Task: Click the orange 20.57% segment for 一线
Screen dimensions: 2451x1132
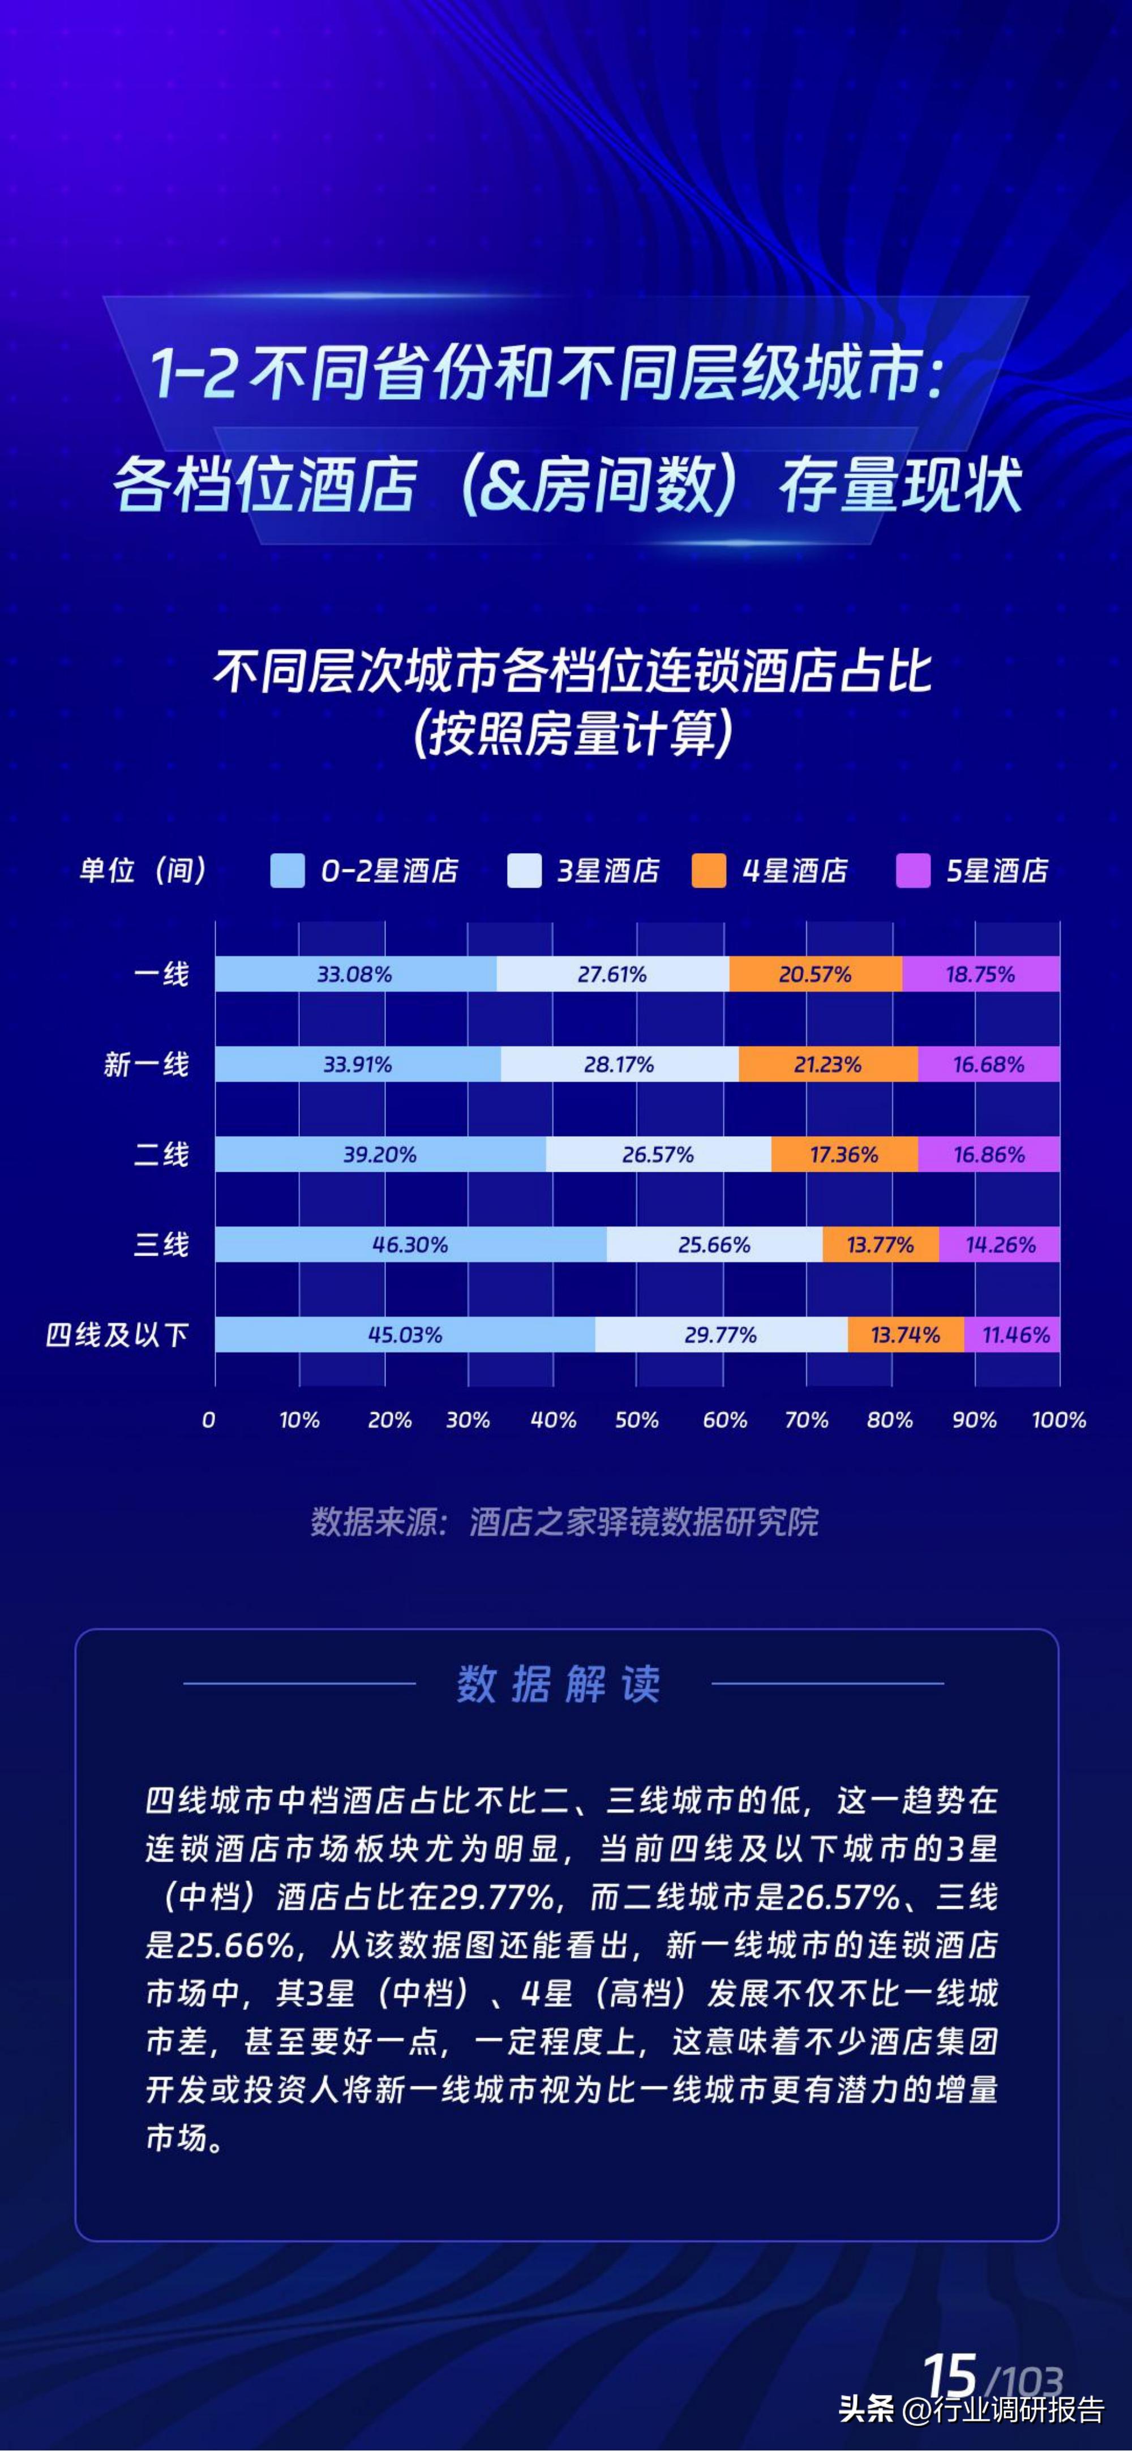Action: (815, 974)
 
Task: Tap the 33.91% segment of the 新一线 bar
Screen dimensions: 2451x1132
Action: (358, 1064)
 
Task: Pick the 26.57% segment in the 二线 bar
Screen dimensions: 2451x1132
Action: (658, 1154)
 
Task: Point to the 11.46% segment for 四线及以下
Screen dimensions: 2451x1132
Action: (1012, 1335)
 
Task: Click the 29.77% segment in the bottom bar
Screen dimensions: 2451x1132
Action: (721, 1335)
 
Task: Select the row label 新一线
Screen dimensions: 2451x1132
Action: (147, 1064)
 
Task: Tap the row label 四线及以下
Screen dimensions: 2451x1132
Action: (117, 1335)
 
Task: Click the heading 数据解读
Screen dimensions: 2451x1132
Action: (559, 1684)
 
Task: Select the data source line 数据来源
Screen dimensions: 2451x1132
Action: (564, 1522)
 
